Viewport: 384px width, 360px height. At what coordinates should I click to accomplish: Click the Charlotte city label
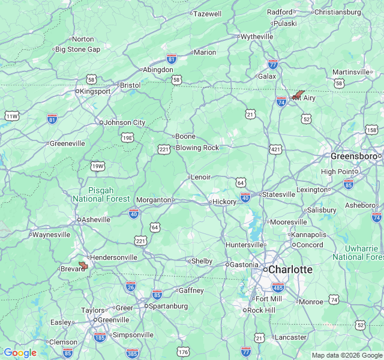pos(290,270)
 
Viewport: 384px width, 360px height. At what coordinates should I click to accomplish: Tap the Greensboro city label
pos(353,156)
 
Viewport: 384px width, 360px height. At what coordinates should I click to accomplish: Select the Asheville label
pos(96,220)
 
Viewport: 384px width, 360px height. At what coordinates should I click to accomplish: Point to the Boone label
pos(185,136)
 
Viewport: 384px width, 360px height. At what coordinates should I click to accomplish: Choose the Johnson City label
pos(125,122)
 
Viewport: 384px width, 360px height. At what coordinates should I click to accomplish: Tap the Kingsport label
pos(96,91)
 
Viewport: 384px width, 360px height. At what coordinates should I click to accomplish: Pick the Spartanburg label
pos(169,305)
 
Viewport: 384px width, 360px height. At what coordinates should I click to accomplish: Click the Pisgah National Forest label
pos(101,194)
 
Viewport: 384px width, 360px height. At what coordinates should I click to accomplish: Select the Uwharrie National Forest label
pos(358,253)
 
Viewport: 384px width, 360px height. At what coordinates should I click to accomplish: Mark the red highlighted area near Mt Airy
pos(298,95)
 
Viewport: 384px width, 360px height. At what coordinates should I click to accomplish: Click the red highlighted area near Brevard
pos(83,265)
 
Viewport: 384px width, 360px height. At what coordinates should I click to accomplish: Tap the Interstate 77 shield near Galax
pos(273,64)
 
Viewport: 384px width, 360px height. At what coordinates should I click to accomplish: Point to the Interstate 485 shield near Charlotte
pos(277,287)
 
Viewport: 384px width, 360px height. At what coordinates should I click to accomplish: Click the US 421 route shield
pos(275,149)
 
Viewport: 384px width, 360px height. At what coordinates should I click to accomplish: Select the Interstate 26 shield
pos(131,286)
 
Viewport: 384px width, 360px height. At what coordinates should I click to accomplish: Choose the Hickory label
pos(224,202)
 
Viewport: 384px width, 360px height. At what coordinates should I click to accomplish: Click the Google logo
pos(20,353)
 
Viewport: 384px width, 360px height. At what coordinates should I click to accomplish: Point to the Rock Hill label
pos(261,310)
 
